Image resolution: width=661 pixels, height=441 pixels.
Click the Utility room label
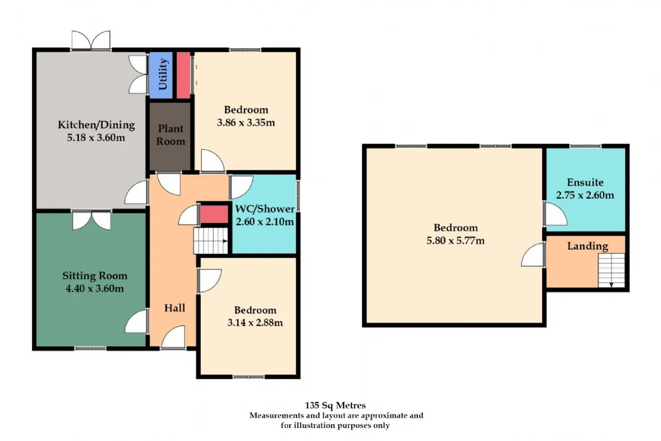click(163, 74)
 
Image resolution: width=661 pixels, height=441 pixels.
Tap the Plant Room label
click(171, 135)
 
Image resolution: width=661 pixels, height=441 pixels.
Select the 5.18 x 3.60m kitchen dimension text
click(96, 138)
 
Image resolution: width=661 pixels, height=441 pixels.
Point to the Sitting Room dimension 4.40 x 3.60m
click(95, 288)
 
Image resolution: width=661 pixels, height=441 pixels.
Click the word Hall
click(175, 308)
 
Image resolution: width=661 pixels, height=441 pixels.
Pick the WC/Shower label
click(265, 209)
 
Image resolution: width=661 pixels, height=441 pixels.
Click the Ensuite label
click(585, 183)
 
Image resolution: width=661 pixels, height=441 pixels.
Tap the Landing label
click(588, 246)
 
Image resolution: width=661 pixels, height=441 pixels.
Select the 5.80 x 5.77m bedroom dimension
click(455, 241)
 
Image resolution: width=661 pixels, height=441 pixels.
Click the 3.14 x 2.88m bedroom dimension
click(255, 323)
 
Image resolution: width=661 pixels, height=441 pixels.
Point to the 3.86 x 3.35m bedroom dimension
click(246, 123)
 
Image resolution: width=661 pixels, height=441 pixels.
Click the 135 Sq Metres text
click(335, 405)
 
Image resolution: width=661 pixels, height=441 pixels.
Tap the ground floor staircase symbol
click(211, 241)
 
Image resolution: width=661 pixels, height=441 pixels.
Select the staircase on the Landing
click(611, 270)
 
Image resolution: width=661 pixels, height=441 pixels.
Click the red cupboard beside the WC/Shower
click(214, 214)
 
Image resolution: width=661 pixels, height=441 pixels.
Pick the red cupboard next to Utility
click(183, 75)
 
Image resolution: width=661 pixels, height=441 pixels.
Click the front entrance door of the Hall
click(174, 337)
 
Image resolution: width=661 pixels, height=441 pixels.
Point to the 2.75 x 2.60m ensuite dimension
click(585, 195)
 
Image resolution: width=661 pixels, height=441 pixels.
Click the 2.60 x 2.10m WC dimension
click(265, 222)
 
